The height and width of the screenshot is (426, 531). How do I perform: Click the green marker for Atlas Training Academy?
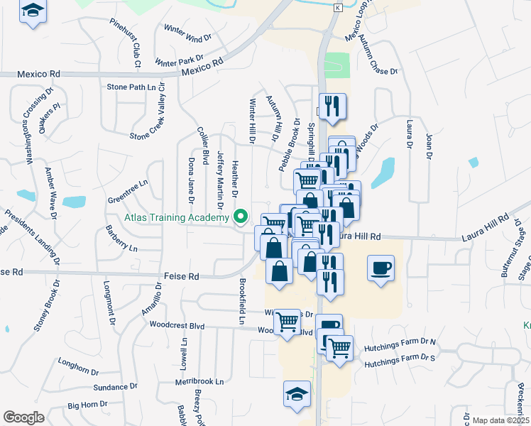click(x=241, y=217)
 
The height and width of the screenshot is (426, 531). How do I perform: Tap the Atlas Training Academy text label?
click(x=180, y=217)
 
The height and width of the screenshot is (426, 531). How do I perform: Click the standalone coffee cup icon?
click(x=381, y=268)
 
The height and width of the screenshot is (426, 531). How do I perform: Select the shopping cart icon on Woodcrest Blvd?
click(x=287, y=321)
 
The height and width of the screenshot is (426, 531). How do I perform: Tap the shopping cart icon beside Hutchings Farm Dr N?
click(x=340, y=347)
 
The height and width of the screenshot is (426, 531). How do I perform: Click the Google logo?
click(x=23, y=417)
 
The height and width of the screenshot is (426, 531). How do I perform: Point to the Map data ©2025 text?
click(x=500, y=420)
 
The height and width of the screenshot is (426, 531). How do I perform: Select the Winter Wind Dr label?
click(x=188, y=33)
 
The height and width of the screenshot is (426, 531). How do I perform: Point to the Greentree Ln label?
click(x=127, y=183)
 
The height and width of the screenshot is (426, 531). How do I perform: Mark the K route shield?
click(x=338, y=6)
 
